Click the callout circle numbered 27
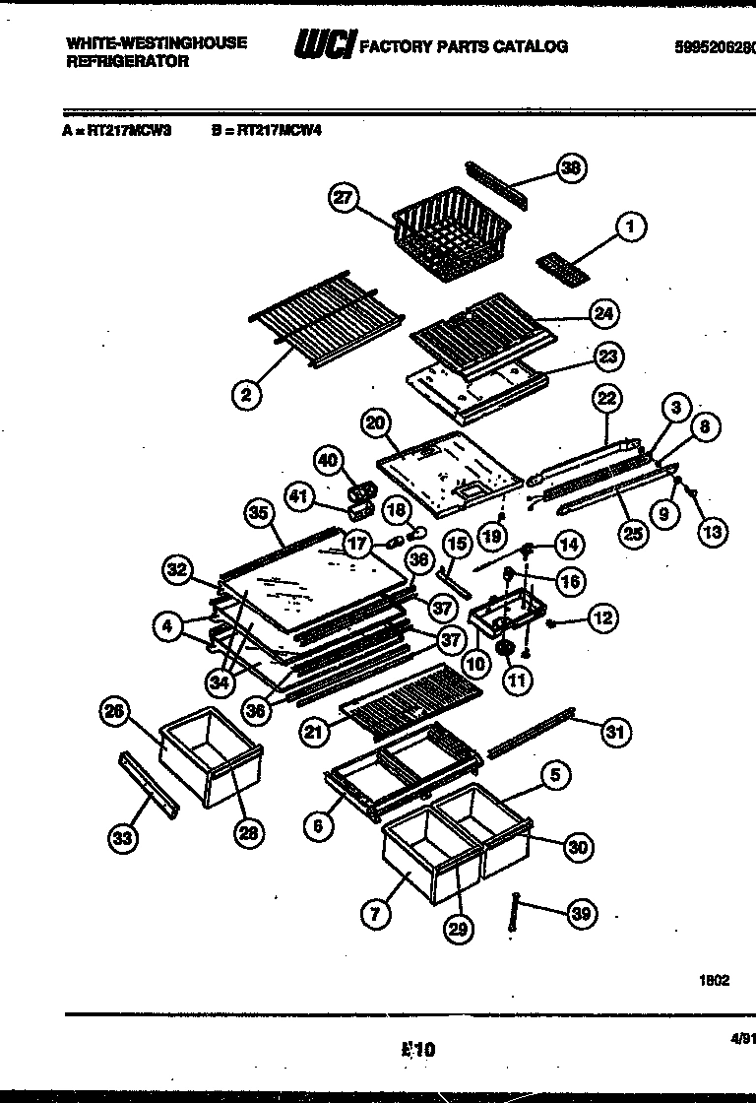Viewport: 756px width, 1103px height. pos(342,197)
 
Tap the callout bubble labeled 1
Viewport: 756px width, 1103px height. pos(631,227)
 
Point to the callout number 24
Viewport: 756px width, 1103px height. pos(603,313)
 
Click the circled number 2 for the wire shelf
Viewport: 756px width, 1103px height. pos(246,395)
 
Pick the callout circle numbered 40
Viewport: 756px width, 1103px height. pos(328,459)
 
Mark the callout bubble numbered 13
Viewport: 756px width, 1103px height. pos(712,531)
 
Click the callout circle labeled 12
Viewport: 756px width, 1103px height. pos(601,617)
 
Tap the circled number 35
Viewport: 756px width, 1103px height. pos(258,512)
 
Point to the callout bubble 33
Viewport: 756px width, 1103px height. pos(123,838)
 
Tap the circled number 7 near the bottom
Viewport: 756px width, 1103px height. pos(374,913)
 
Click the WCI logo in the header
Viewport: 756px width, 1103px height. pos(324,45)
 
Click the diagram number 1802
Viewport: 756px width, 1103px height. pos(715,980)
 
